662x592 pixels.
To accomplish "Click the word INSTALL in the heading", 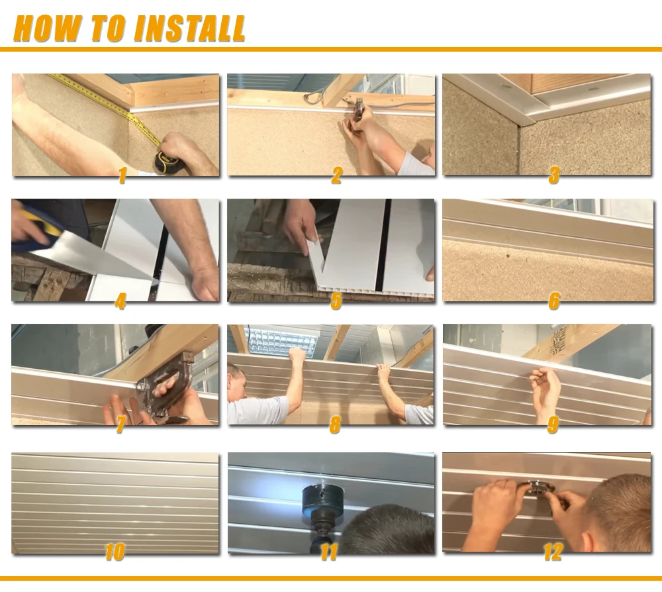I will point(189,28).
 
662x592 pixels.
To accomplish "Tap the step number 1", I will point(121,175).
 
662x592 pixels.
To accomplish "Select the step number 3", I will point(553,175).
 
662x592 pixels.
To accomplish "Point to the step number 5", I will point(336,301).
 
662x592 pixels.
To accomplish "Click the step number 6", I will point(553,301).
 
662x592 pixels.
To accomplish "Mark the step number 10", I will point(115,552).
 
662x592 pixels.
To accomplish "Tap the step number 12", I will point(553,552).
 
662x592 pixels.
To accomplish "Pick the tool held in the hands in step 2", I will point(358,107).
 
